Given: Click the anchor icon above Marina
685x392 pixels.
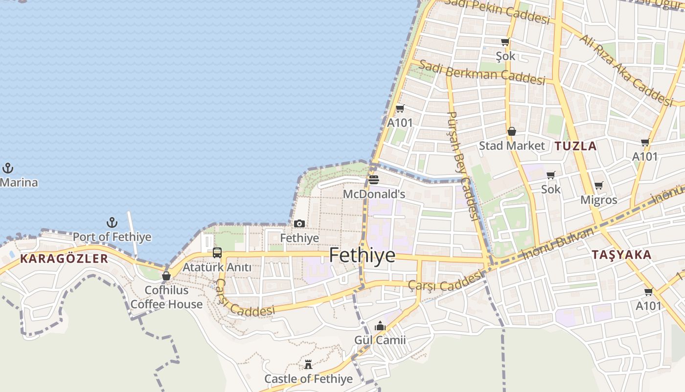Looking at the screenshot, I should [7, 169].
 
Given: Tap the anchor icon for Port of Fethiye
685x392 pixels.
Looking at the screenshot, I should [112, 223].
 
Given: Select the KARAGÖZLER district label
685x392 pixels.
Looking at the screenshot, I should [64, 259].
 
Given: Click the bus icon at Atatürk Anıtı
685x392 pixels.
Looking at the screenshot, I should [217, 253].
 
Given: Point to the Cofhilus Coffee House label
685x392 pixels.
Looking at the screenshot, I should [166, 297].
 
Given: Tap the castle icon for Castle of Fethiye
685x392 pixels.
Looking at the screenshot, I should [308, 365].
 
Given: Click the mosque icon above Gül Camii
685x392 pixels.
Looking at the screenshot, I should [380, 326].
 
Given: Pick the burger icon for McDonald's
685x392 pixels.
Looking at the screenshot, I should [374, 180].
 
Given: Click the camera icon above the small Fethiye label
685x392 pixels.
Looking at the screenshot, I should [299, 224].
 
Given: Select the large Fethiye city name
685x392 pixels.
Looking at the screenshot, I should [362, 255].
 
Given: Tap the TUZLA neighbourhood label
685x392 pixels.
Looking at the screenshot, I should [575, 146].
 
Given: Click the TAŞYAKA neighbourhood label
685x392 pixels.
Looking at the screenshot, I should [621, 255].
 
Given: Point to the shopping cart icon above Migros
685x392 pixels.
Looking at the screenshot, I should [598, 186].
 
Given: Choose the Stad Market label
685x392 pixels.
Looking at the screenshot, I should [511, 146].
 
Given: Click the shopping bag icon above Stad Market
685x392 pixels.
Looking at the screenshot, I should [512, 131].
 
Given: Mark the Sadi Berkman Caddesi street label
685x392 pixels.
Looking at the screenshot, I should [482, 73].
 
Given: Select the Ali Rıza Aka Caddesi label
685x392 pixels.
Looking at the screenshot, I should [626, 70].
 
